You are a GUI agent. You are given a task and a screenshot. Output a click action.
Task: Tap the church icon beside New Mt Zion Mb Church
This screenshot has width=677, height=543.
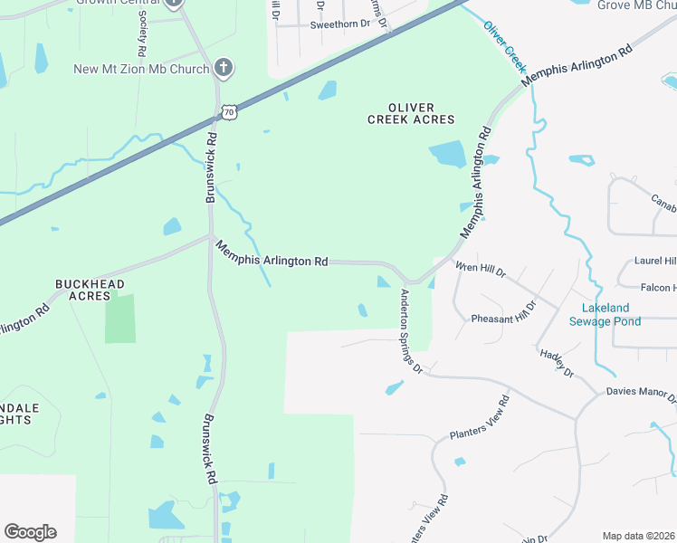click(x=224, y=68)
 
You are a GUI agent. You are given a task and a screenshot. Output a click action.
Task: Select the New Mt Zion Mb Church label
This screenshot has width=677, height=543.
click(x=142, y=69)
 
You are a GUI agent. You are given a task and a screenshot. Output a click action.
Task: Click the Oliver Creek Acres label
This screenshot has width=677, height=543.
click(x=411, y=113)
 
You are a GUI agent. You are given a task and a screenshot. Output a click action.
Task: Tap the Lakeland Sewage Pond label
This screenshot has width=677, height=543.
click(x=605, y=314)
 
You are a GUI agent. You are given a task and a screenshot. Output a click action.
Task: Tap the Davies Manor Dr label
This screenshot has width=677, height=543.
click(x=640, y=395)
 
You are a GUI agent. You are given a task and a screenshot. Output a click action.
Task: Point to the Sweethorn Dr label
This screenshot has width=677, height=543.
click(x=340, y=24)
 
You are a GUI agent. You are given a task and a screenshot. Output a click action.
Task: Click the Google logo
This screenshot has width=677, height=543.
click(x=30, y=532)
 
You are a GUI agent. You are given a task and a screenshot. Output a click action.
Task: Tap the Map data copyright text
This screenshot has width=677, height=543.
click(x=639, y=536)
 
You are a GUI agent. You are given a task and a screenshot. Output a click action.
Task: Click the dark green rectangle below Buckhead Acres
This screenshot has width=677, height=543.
click(x=119, y=319)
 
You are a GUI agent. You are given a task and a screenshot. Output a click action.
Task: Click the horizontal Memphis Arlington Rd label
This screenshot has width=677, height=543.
click(x=272, y=253)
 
